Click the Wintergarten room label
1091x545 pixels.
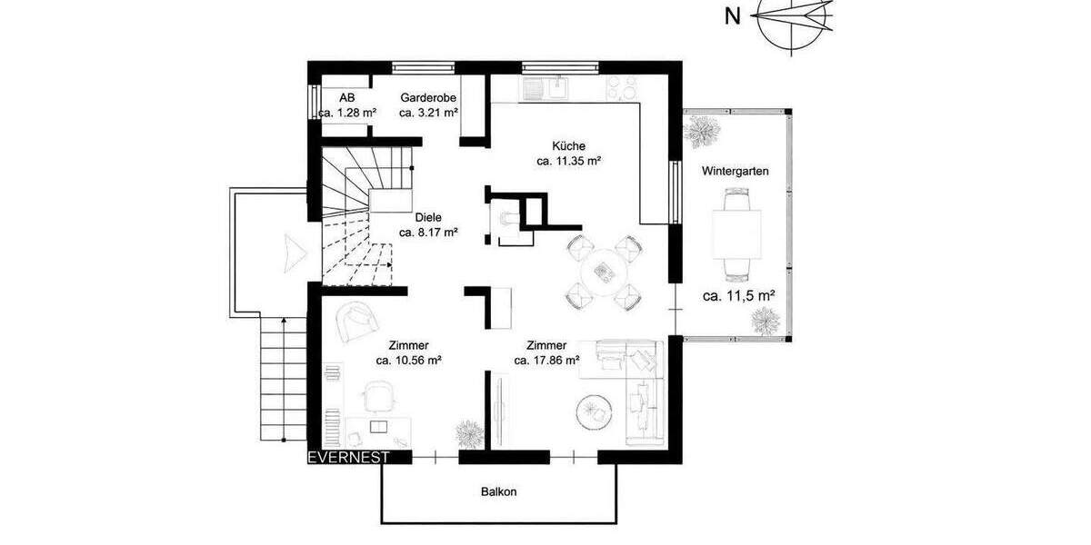pyautogui.click(x=736, y=171)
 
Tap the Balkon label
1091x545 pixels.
pyautogui.click(x=499, y=491)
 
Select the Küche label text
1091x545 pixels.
pyautogui.click(x=568, y=145)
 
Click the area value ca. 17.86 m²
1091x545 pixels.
pyautogui.click(x=546, y=361)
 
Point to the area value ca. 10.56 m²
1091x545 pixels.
pyautogui.click(x=408, y=361)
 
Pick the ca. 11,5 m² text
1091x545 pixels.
pyautogui.click(x=738, y=296)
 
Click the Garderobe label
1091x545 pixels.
pyautogui.click(x=428, y=97)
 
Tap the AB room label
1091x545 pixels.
pyautogui.click(x=346, y=97)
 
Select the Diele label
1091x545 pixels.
pyautogui.click(x=428, y=217)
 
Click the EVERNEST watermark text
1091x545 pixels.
pyautogui.click(x=348, y=457)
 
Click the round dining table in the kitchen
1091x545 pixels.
pyautogui.click(x=603, y=270)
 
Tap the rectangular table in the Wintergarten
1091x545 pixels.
pyautogui.click(x=736, y=233)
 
